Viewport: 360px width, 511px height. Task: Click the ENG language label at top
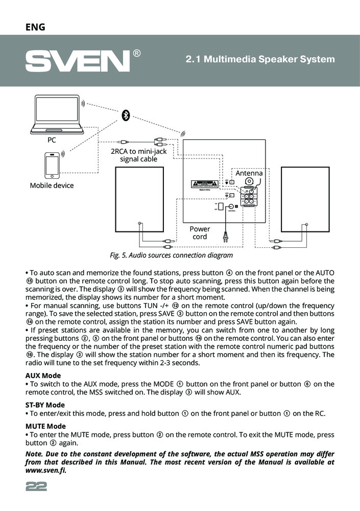(x=35, y=27)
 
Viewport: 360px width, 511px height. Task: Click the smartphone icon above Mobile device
(x=52, y=164)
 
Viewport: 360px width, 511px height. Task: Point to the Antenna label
(x=249, y=173)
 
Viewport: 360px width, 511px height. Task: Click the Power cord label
(x=199, y=233)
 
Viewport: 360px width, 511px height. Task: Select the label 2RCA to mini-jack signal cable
(x=138, y=155)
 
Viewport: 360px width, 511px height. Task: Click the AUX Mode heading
(x=43, y=376)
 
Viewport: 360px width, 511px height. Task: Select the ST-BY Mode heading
(x=45, y=405)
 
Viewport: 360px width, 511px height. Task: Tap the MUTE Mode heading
(x=45, y=426)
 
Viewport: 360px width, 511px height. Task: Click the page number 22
(x=36, y=487)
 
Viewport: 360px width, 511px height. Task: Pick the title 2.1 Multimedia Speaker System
(x=260, y=59)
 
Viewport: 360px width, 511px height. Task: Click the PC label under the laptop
(x=52, y=140)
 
